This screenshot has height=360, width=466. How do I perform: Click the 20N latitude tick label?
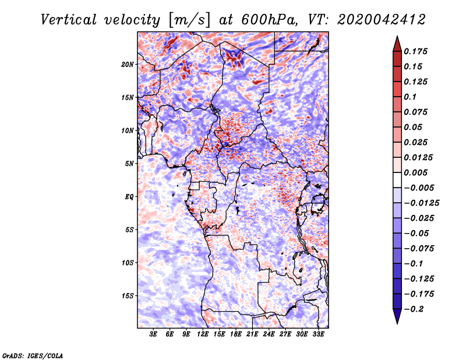pyautogui.click(x=128, y=64)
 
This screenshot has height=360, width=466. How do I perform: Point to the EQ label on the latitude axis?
pyautogui.click(x=130, y=197)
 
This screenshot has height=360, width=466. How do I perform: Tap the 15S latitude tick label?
pyautogui.click(x=128, y=296)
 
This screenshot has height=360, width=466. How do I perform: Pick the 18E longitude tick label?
pyautogui.click(x=236, y=334)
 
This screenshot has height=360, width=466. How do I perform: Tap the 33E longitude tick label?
pyautogui.click(x=318, y=334)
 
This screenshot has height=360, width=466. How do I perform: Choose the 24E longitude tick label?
pyautogui.click(x=269, y=334)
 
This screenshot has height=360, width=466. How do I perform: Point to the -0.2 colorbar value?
pyautogui.click(x=415, y=309)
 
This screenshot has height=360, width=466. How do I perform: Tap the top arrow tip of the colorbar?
pyautogui.click(x=397, y=37)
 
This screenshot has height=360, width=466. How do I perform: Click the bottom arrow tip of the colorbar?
pyautogui.click(x=397, y=322)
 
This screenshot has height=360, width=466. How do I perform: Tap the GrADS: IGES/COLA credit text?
pyautogui.click(x=33, y=354)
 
